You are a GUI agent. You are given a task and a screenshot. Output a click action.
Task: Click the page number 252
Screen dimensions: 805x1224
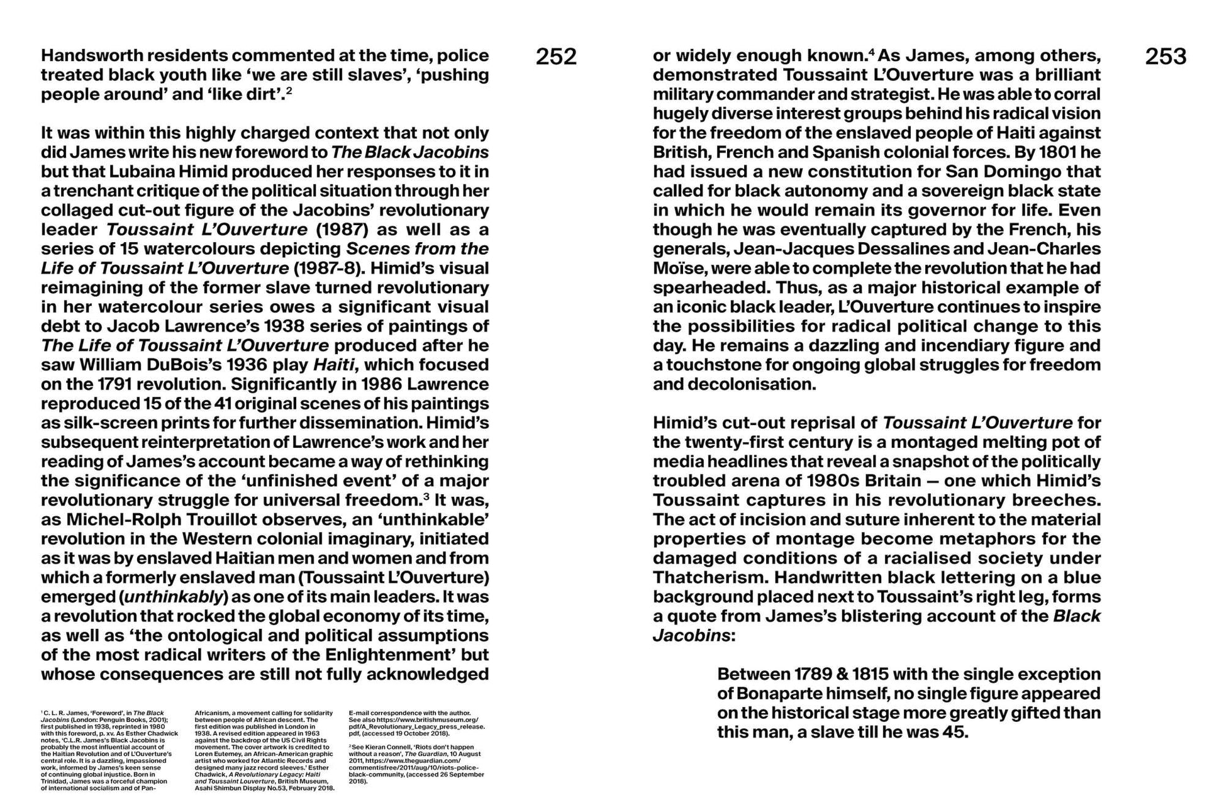click(x=556, y=57)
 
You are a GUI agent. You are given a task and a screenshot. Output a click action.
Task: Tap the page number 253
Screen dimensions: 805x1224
click(x=1166, y=57)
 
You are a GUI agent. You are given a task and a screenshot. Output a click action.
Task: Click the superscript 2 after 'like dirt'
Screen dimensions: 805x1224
click(x=289, y=91)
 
